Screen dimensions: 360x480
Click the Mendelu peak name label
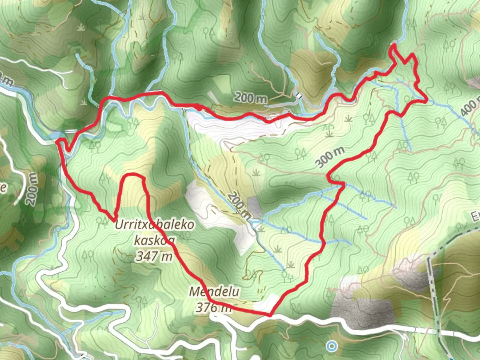tap(214, 292)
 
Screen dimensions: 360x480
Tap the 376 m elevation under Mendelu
tap(213, 307)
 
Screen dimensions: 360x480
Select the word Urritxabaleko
tap(154, 225)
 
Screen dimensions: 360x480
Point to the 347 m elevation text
tap(154, 256)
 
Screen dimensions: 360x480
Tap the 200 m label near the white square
tap(250, 98)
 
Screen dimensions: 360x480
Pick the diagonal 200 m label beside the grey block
tap(239, 205)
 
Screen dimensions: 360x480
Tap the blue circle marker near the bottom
tap(331, 346)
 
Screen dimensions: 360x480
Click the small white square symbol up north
tap(299, 96)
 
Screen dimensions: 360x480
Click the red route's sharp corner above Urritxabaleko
tap(114, 220)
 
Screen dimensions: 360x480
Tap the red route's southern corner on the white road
tap(270, 315)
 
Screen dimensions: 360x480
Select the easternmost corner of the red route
tap(426, 100)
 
